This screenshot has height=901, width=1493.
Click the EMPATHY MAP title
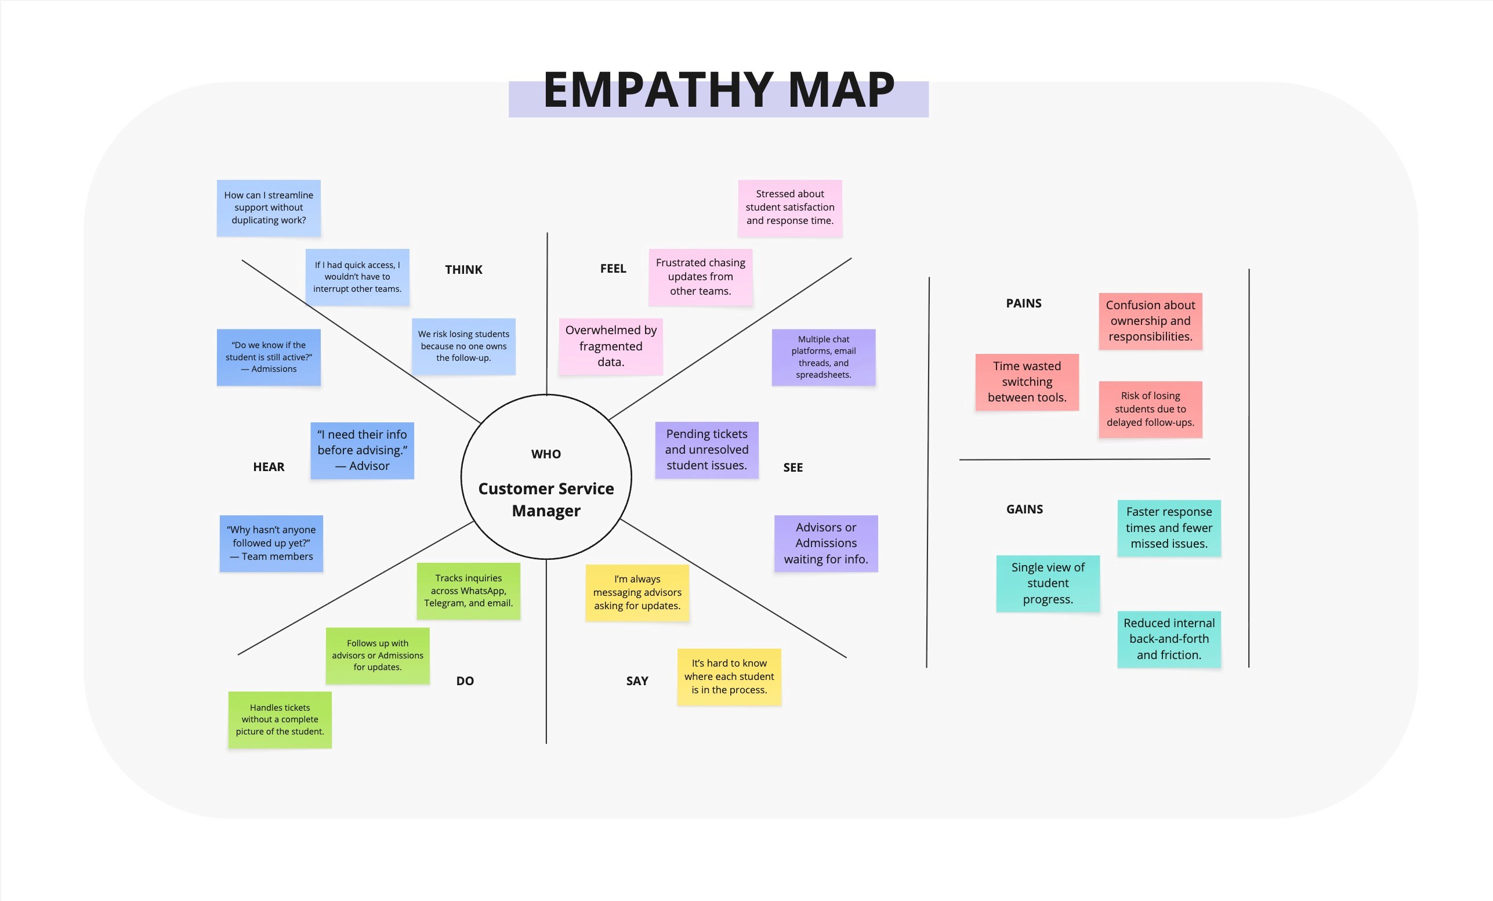click(x=719, y=91)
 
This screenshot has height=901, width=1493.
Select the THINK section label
click(x=463, y=270)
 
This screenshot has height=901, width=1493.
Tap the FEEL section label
click(x=613, y=269)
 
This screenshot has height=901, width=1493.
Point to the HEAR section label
click(x=269, y=466)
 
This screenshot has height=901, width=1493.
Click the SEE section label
click(x=792, y=467)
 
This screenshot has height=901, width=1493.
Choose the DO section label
click(x=465, y=681)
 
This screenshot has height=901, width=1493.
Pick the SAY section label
click(x=637, y=681)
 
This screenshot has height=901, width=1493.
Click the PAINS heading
click(x=1023, y=303)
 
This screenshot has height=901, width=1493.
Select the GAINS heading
click(x=1024, y=509)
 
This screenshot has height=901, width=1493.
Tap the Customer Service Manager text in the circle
click(x=546, y=500)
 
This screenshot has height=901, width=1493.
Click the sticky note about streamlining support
click(x=269, y=208)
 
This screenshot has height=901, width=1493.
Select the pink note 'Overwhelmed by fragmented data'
click(x=610, y=346)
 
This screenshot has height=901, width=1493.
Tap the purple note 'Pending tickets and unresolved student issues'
click(x=706, y=450)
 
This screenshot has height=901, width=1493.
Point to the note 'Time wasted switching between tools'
click(x=1027, y=382)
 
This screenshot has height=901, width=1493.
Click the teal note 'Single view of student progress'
click(x=1048, y=583)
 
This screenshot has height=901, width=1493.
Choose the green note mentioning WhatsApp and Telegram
click(x=469, y=591)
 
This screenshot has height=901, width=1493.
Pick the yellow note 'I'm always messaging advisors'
click(x=637, y=592)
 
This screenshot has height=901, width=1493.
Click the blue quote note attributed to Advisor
click(x=362, y=450)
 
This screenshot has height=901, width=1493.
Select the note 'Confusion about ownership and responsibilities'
click(x=1150, y=321)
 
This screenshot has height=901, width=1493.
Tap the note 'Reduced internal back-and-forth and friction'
click(x=1169, y=639)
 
